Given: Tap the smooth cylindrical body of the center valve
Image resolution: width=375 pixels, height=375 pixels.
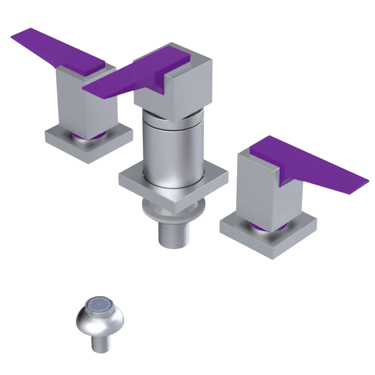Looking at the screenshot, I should [172, 150].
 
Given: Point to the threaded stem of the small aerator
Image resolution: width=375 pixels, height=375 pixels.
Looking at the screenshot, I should [100, 343].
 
